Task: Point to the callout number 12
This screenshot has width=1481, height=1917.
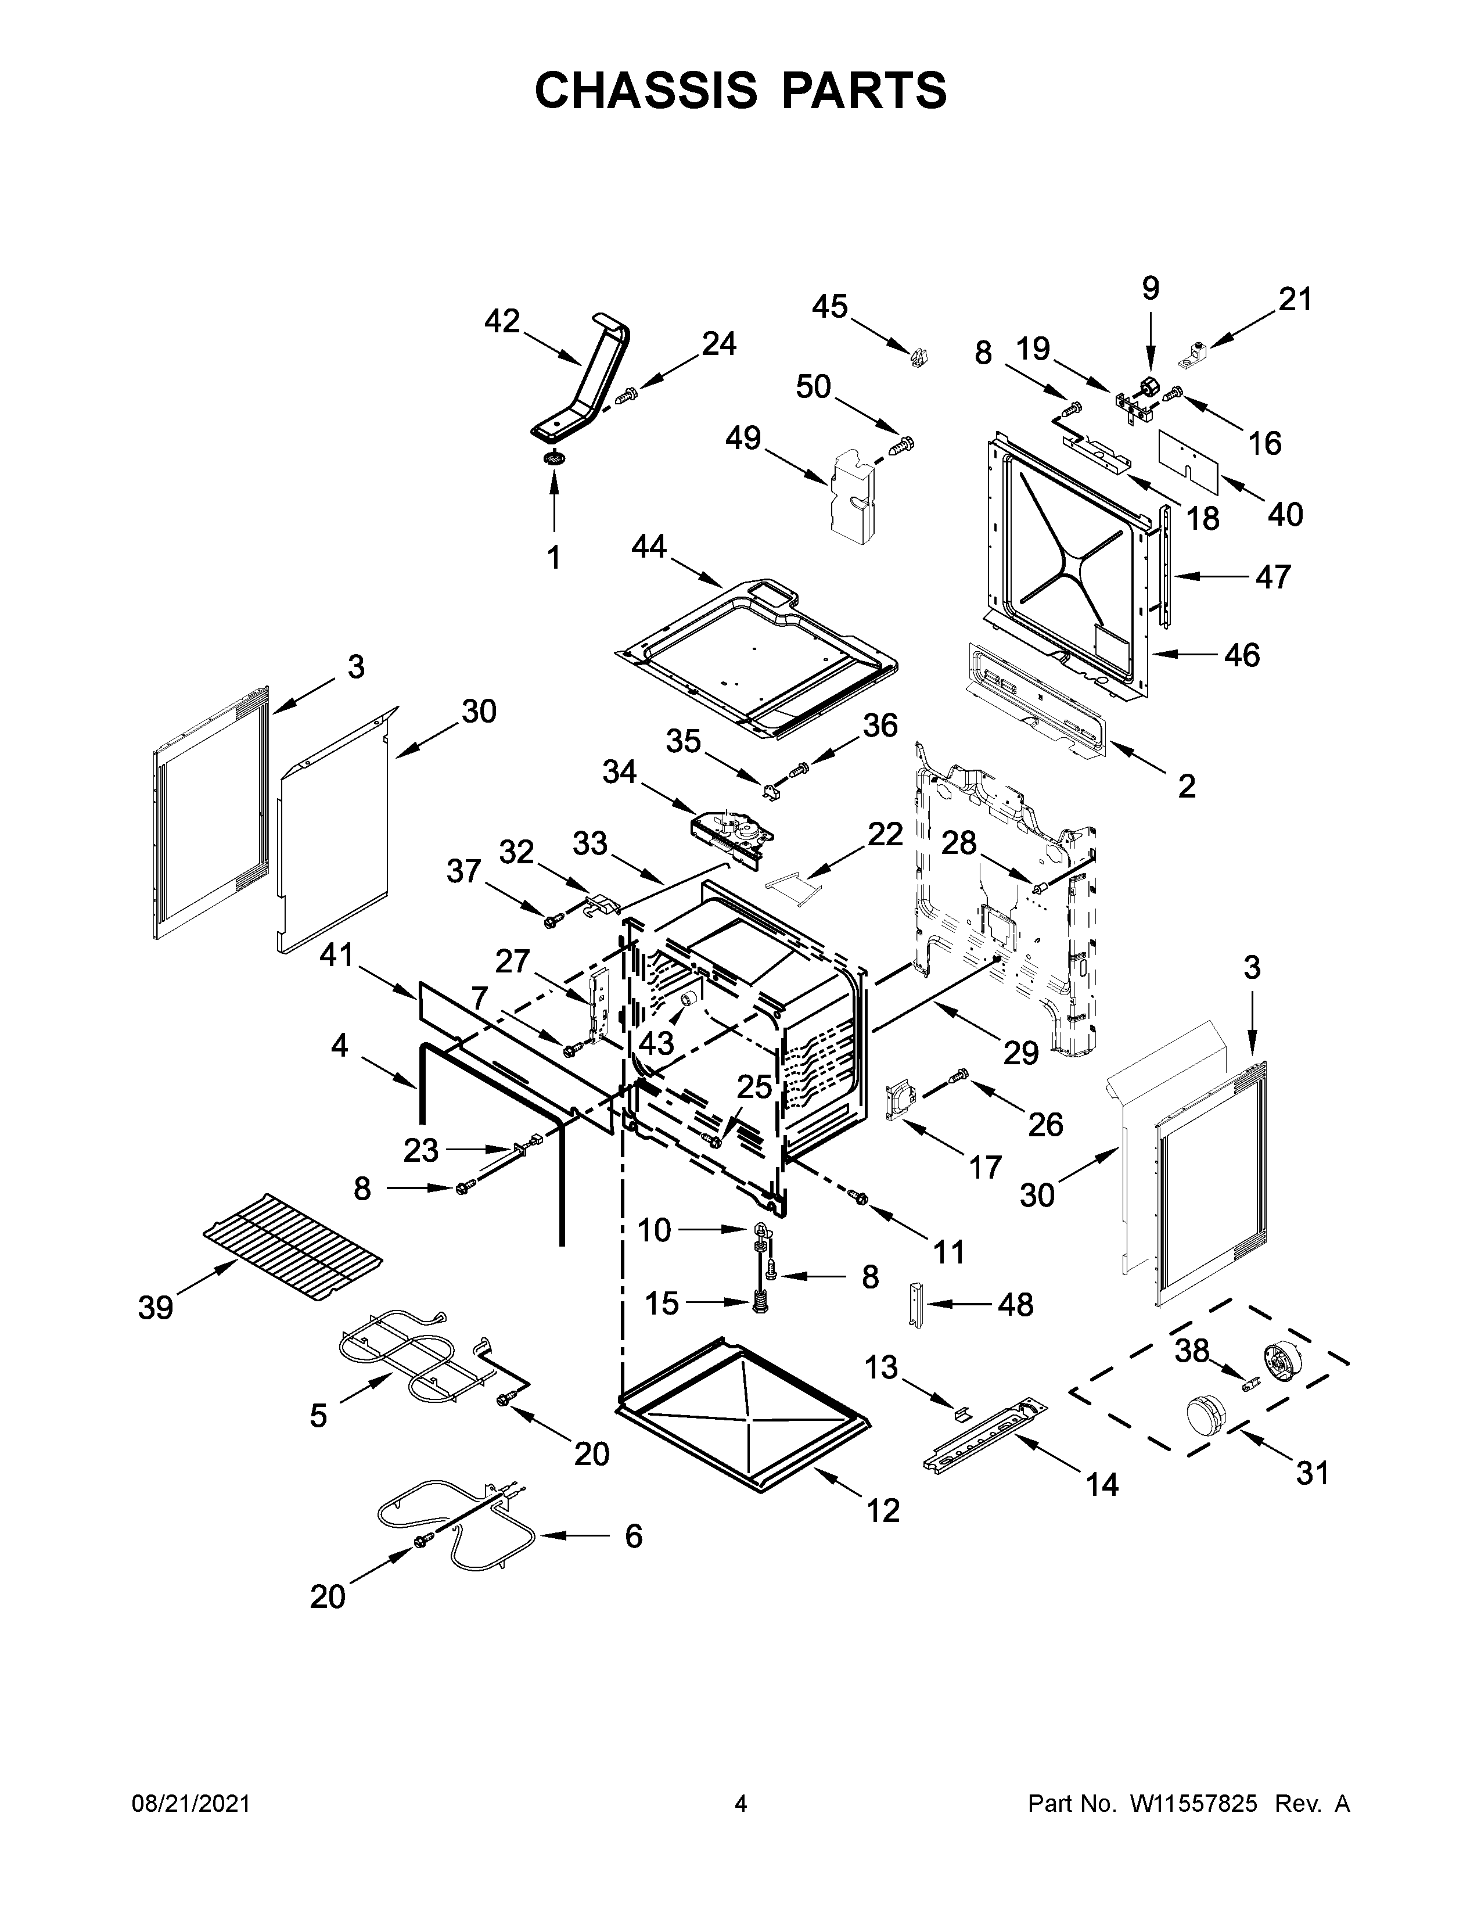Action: point(883,1510)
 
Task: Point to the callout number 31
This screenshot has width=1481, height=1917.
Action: point(1313,1472)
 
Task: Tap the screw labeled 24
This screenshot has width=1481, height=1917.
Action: point(626,397)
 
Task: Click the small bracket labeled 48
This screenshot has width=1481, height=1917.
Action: point(918,1304)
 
